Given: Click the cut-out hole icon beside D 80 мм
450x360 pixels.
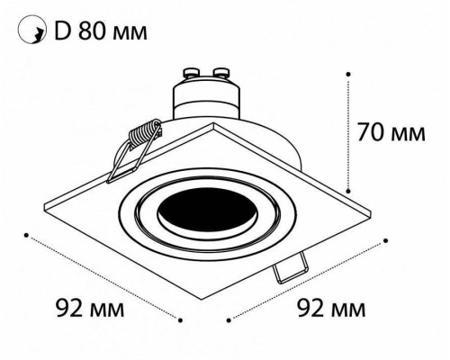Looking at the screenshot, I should [30, 34].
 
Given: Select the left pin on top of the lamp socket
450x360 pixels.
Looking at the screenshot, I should [193, 70].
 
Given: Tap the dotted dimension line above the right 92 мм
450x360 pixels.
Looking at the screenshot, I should [307, 278].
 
